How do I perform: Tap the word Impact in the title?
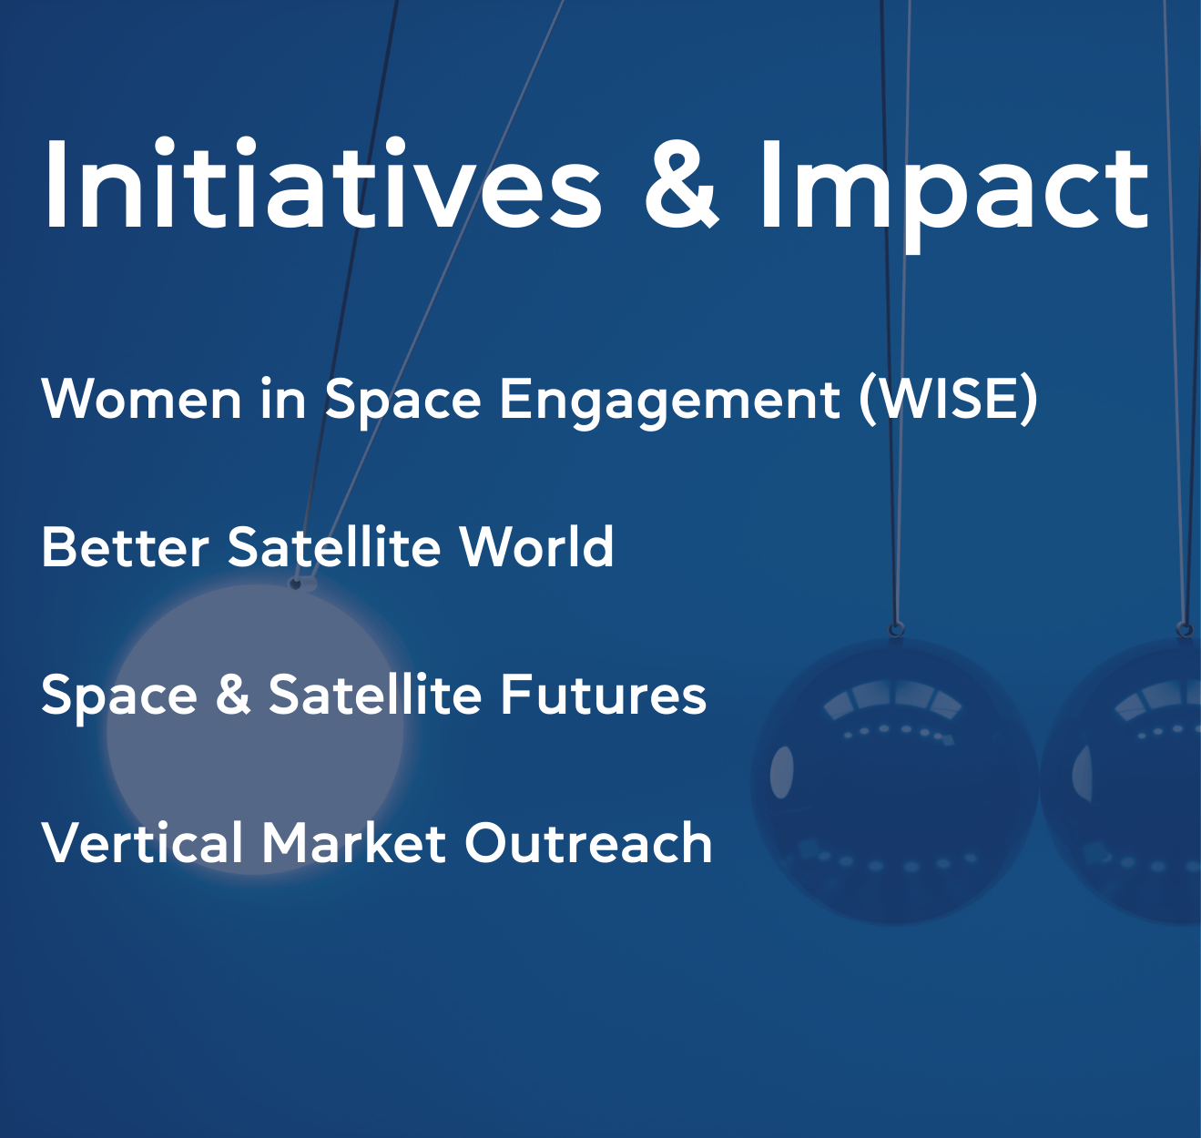click(x=953, y=192)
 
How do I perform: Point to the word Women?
click(x=141, y=398)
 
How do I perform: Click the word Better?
click(x=126, y=547)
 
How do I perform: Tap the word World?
click(x=536, y=546)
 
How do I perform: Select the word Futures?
click(x=604, y=695)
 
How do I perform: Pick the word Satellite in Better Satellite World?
click(x=333, y=546)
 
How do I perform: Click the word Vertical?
click(x=142, y=842)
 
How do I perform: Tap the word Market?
click(x=353, y=842)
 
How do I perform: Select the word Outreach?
click(x=588, y=842)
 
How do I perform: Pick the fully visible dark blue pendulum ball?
click(x=895, y=782)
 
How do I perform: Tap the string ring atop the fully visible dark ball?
click(x=896, y=628)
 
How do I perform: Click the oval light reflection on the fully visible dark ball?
click(x=781, y=772)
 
